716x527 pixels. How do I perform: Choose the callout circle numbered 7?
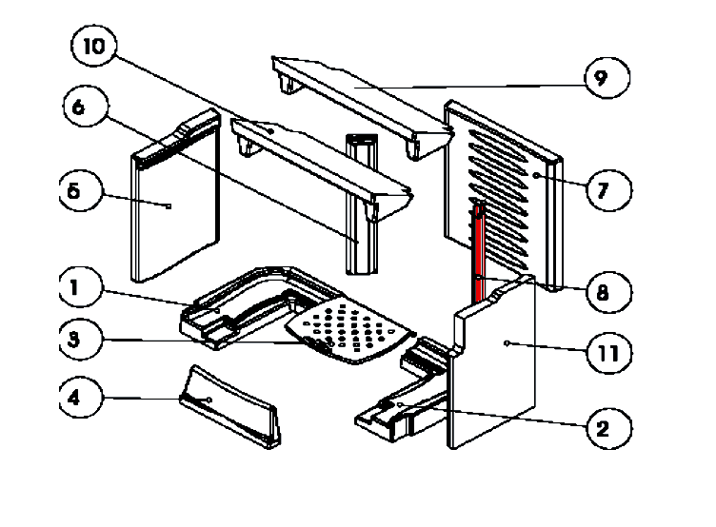coord(602,189)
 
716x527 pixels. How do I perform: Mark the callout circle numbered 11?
coord(607,354)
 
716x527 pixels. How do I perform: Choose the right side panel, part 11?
coord(495,366)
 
